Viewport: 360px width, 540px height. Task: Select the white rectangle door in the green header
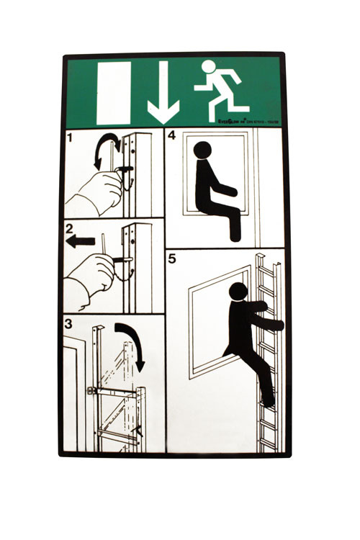[114, 93]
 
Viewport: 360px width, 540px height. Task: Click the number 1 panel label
[70, 136]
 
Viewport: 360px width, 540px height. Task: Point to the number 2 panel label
[70, 231]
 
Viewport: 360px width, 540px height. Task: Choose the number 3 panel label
[70, 325]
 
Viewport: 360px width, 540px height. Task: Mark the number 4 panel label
[172, 135]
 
